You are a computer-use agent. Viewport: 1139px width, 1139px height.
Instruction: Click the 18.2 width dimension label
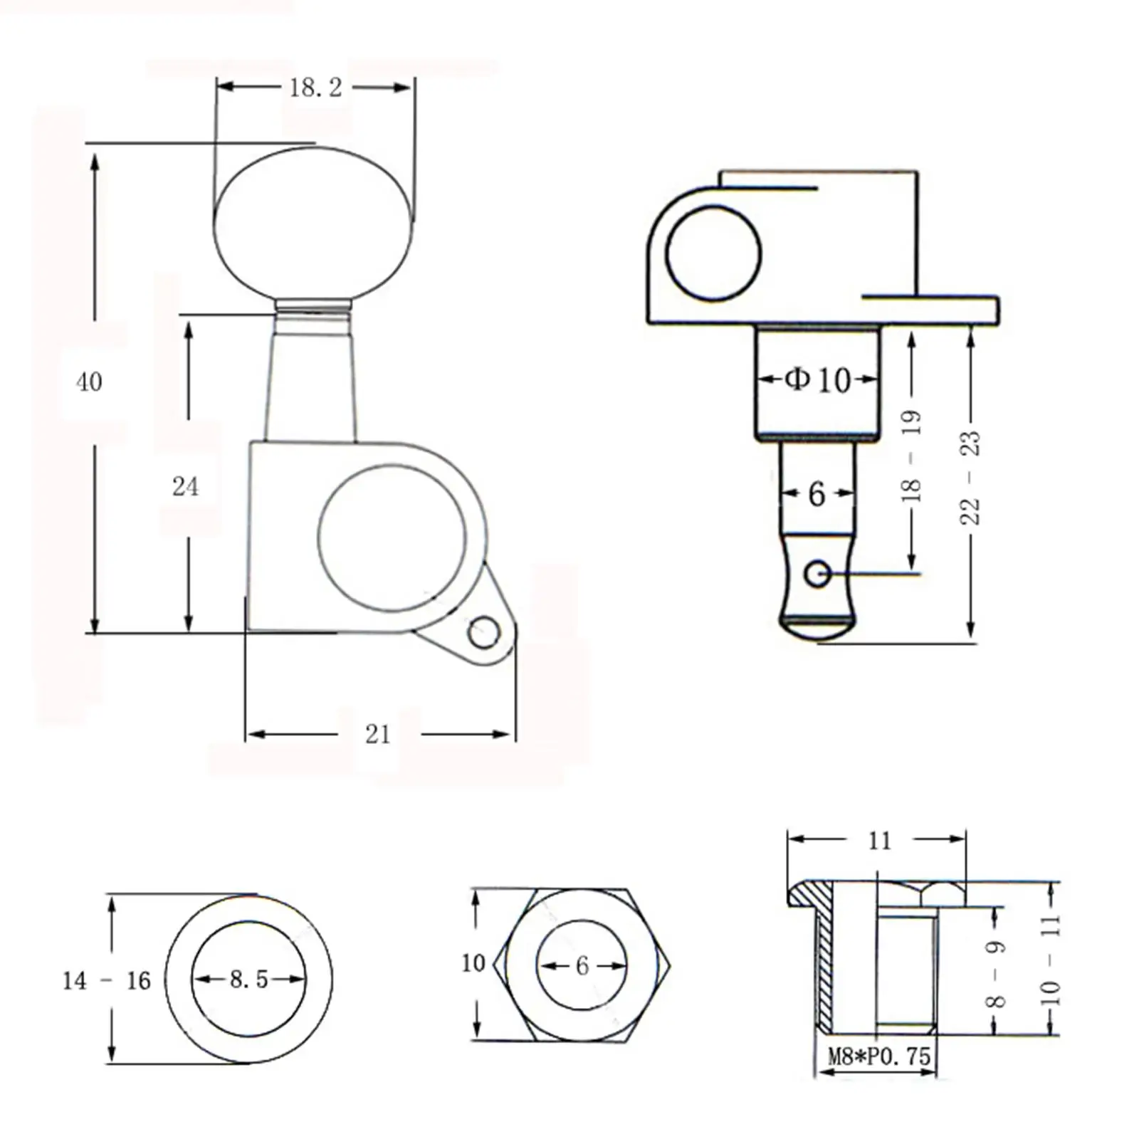[315, 88]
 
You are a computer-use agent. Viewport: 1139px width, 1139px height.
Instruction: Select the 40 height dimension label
[89, 382]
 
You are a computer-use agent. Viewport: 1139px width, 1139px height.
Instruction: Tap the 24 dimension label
[185, 486]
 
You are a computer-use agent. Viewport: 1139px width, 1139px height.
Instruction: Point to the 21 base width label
[378, 734]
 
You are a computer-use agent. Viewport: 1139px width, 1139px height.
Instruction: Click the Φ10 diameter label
[818, 379]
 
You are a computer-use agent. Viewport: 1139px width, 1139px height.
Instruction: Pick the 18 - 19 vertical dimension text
[911, 456]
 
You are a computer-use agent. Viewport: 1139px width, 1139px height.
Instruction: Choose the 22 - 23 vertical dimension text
[970, 478]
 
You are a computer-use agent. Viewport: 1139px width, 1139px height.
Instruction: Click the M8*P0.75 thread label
[879, 1056]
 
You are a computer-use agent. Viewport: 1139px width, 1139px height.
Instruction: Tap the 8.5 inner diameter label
[248, 980]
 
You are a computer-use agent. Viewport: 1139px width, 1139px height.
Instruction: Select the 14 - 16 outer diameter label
[107, 981]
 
